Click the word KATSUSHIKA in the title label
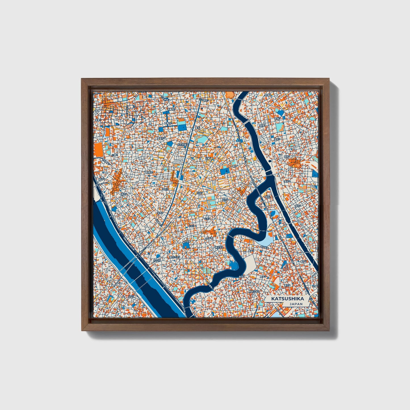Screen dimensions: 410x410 click(x=287, y=299)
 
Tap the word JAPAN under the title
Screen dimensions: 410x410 click(x=296, y=304)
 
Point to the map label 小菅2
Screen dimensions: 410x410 click(x=114, y=155)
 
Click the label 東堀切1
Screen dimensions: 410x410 click(x=148, y=172)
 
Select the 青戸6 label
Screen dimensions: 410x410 click(x=304, y=261)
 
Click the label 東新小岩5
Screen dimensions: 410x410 click(x=254, y=291)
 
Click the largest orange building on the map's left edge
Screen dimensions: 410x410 click(x=98, y=150)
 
